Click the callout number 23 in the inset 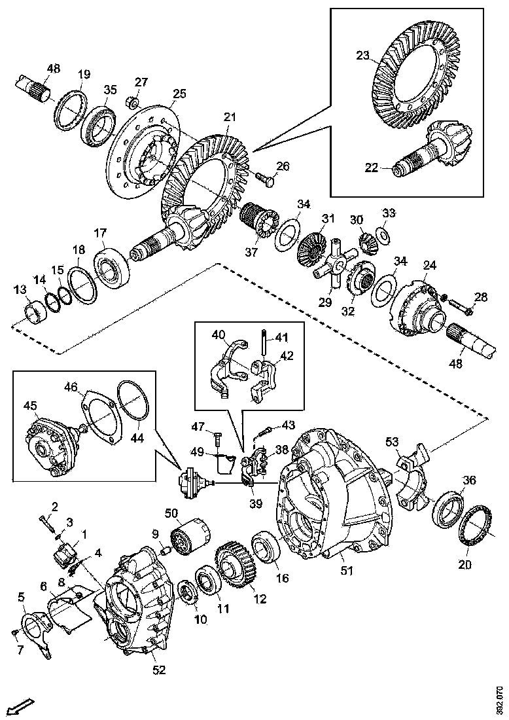coord(363,56)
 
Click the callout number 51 coord(346,571)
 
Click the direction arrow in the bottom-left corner coord(22,706)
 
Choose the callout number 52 coord(159,670)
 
